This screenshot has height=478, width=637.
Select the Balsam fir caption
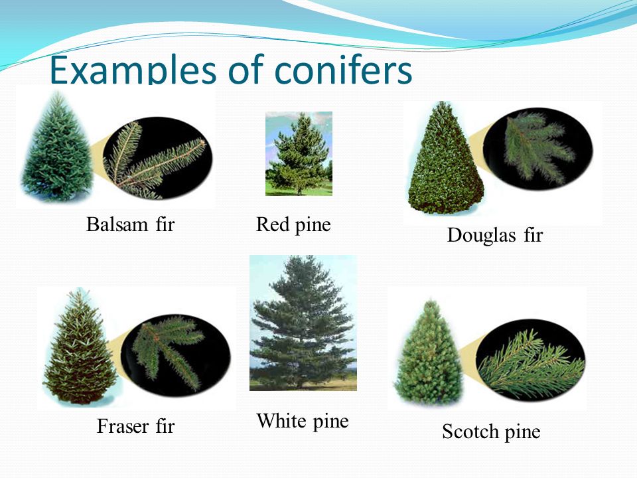tap(131, 224)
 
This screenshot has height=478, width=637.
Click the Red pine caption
tap(293, 225)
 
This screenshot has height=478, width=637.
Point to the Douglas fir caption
tap(495, 235)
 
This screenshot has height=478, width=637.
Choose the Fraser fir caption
tap(135, 426)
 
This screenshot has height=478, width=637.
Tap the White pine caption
tap(303, 421)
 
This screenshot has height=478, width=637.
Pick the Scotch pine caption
tap(491, 432)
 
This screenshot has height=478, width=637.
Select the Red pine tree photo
tap(299, 153)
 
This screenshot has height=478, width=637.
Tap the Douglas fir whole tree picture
tap(445, 158)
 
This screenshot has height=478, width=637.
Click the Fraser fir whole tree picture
tap(80, 347)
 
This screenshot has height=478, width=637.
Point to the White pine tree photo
tap(303, 323)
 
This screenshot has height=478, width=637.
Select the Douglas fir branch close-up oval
tap(538, 149)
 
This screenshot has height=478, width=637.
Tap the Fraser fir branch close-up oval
tap(176, 355)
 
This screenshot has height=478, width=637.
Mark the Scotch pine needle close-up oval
tap(531, 360)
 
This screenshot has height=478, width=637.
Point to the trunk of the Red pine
tap(299, 190)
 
